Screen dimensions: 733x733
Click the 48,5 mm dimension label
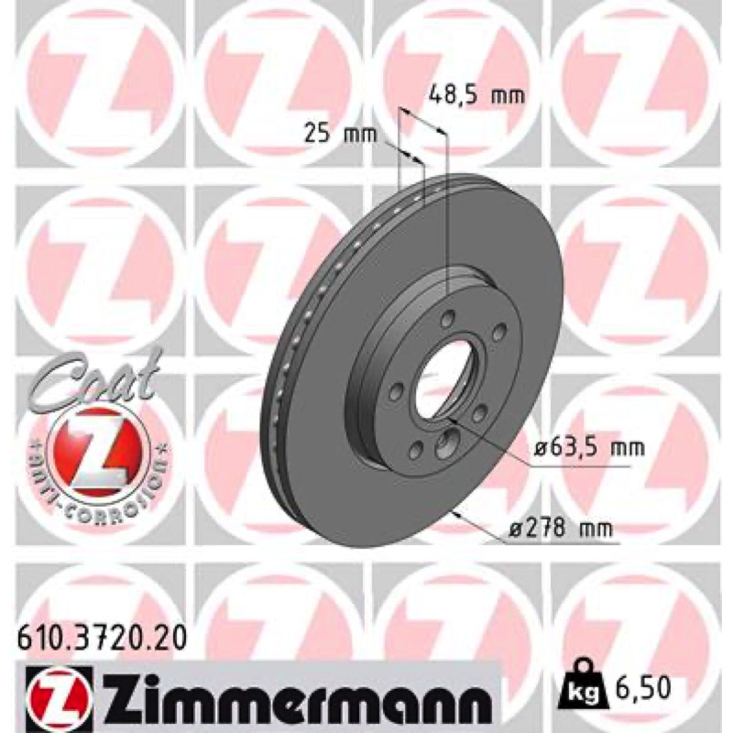(476, 96)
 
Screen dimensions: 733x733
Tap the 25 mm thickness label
(340, 134)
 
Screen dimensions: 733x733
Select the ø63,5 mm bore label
(589, 448)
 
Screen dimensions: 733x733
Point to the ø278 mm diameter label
(560, 529)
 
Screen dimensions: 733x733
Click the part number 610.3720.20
(102, 639)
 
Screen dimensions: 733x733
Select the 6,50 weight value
(642, 687)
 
